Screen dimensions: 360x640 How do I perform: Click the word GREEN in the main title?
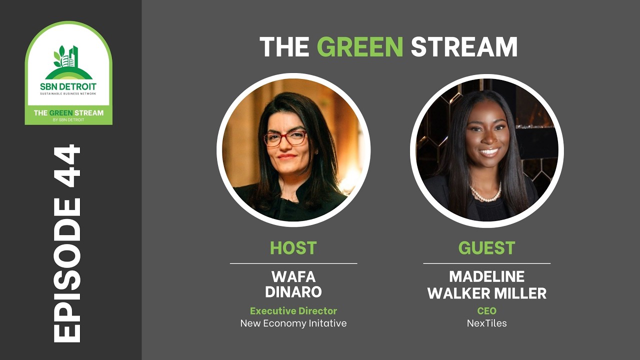coord(360,47)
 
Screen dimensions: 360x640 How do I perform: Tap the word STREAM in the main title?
coord(463,47)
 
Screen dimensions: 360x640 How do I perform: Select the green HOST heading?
coord(293,248)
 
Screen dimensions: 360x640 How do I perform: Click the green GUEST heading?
coord(486,248)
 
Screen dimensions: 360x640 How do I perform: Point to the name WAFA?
coord(293,276)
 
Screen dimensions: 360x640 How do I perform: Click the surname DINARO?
coord(293,292)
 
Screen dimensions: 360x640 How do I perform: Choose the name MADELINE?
coord(486,276)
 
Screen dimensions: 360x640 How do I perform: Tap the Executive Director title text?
coord(293,311)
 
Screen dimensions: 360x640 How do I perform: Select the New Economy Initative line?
coord(293,323)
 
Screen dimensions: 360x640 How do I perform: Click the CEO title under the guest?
coord(486,311)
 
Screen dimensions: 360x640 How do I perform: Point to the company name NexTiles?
coord(486,323)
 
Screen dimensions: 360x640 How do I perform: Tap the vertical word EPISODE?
coord(67,270)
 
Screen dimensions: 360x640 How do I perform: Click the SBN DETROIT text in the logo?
coord(68,86)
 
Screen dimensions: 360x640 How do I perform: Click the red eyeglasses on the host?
coord(285,138)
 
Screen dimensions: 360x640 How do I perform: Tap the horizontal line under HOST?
coord(293,263)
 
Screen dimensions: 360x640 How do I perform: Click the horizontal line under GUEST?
coord(486,263)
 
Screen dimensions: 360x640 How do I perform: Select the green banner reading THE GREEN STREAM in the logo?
coord(68,114)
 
